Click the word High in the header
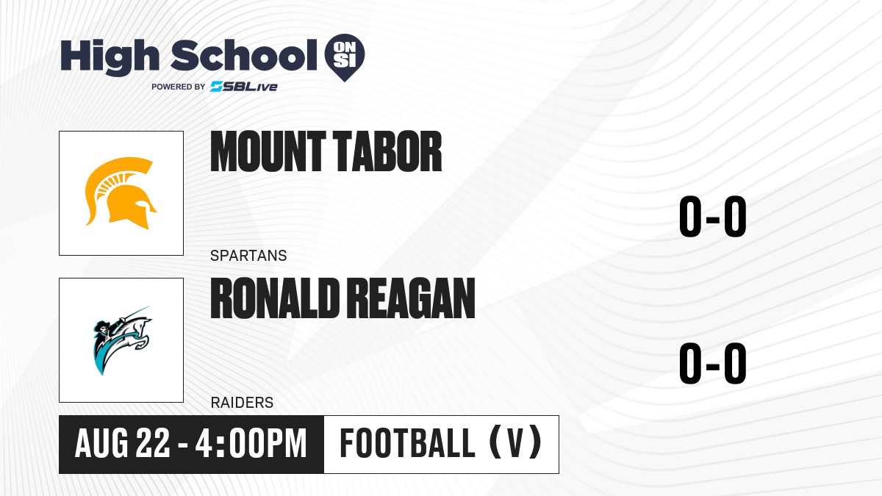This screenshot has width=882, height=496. coord(110,57)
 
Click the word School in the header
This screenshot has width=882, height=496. coord(244,55)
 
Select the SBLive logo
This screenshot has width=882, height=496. coord(244,87)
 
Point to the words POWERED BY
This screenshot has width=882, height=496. coord(179,87)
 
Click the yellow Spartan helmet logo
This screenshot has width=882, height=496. coord(121,193)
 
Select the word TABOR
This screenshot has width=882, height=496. coord(387,151)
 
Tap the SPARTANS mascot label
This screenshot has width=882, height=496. coord(248,256)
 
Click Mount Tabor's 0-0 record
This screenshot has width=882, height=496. coord(713,216)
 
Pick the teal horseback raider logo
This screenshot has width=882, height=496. coord(122,340)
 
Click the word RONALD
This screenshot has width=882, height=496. coord(275,298)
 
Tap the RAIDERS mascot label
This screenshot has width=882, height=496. coord(242,403)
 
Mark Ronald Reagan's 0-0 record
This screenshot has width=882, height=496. coord(713,363)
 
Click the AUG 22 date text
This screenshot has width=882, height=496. coord(123,444)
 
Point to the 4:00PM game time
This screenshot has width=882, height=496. coord(251,444)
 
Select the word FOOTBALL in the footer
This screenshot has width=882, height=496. coord(407,444)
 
